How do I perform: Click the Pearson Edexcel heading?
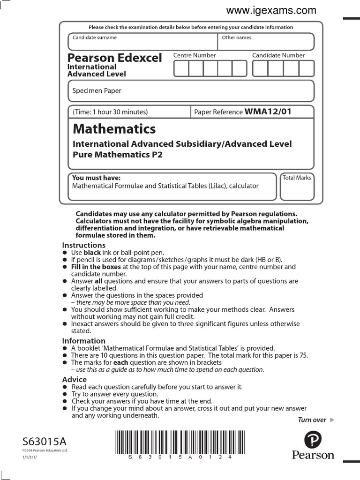pyautogui.click(x=114, y=58)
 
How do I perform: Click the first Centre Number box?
pyautogui.click(x=181, y=68)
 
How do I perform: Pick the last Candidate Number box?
pyautogui.click(x=306, y=68)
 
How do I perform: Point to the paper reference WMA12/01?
pyautogui.click(x=268, y=112)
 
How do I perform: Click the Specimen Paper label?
pyautogui.click(x=97, y=91)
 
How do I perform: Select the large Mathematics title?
pyautogui.click(x=114, y=128)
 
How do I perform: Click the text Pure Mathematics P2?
pyautogui.click(x=118, y=154)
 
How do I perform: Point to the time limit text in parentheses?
pyautogui.click(x=110, y=112)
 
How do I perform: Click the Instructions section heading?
pyautogui.click(x=84, y=245)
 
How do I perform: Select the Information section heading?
pyautogui.click(x=84, y=341)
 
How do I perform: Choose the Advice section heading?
pyautogui.click(x=75, y=379)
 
